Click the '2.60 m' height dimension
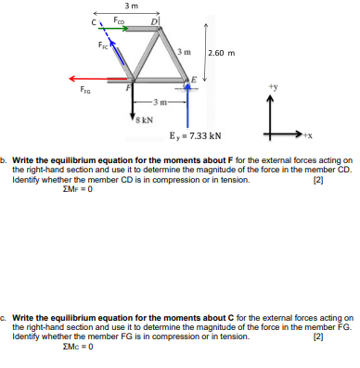224,53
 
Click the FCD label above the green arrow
118,19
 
